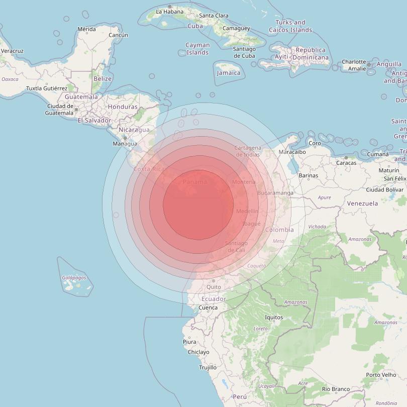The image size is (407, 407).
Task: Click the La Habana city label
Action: (170, 12)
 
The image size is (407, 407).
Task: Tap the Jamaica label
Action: (229, 73)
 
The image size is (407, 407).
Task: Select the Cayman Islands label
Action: (197, 49)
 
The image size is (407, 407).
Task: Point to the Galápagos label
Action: (74, 277)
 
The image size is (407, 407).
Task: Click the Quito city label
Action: (214, 287)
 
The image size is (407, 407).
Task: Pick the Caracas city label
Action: (346, 163)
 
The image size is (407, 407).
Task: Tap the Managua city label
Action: (125, 144)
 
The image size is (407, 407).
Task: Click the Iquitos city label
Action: (274, 318)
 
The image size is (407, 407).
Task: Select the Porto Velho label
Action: (381, 375)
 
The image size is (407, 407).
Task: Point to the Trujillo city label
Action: (208, 368)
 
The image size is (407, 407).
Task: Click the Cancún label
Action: (119, 35)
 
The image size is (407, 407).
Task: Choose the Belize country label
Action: (103, 79)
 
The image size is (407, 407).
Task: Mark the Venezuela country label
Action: (362, 203)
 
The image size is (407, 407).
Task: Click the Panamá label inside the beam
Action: (195, 182)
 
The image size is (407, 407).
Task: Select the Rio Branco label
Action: (336, 389)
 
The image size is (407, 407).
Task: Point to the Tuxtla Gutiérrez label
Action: (47, 88)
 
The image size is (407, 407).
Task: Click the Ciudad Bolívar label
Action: (385, 189)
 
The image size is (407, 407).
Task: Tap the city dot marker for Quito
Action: (214, 281)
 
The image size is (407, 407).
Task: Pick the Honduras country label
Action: (123, 107)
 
